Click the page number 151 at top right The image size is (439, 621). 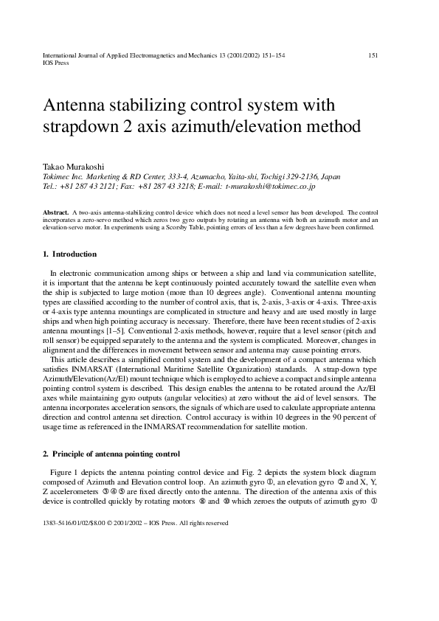coord(373,55)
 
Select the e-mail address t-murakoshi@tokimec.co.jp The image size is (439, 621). coord(270,187)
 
